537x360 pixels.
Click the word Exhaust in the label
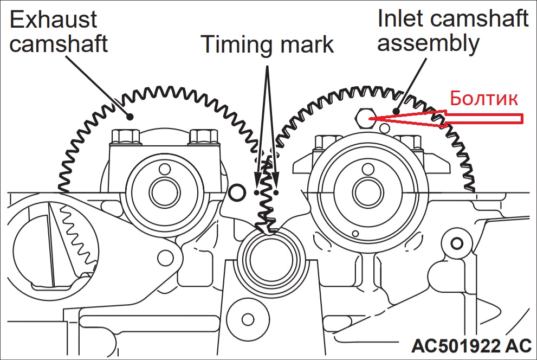(x=53, y=20)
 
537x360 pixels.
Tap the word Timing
(x=235, y=44)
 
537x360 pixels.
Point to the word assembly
(x=428, y=43)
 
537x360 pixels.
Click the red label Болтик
(x=484, y=99)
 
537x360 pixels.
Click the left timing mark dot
(x=256, y=192)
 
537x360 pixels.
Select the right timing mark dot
(x=276, y=192)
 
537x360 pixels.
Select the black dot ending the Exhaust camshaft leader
(x=130, y=115)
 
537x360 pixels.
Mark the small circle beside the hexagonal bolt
(x=385, y=128)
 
